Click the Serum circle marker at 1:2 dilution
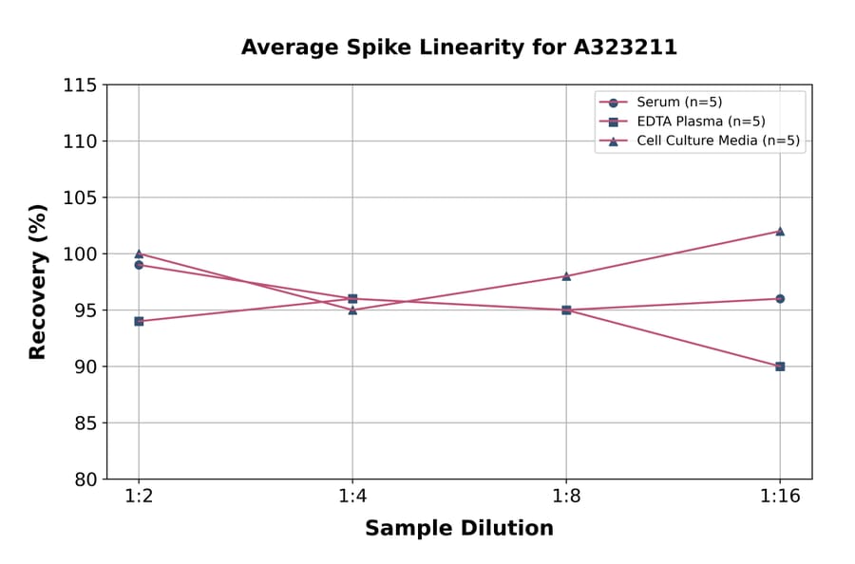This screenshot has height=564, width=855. (139, 265)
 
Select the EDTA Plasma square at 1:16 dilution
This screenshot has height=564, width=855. (780, 367)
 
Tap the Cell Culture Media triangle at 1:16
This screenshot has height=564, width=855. (780, 231)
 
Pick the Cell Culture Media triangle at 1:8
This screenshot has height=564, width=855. (566, 276)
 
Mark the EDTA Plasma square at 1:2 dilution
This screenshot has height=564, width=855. (139, 321)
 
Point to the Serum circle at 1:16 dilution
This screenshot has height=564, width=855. (780, 298)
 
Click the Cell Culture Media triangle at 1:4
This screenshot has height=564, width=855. (352, 310)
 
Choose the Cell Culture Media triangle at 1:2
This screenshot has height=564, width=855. (139, 254)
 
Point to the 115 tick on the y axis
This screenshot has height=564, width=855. (80, 85)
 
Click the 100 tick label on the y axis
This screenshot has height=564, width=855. (80, 254)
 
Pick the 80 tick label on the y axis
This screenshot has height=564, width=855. (84, 479)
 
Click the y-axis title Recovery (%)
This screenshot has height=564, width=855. (38, 282)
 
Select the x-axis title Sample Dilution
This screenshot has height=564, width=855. (459, 529)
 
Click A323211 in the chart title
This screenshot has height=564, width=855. (625, 47)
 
